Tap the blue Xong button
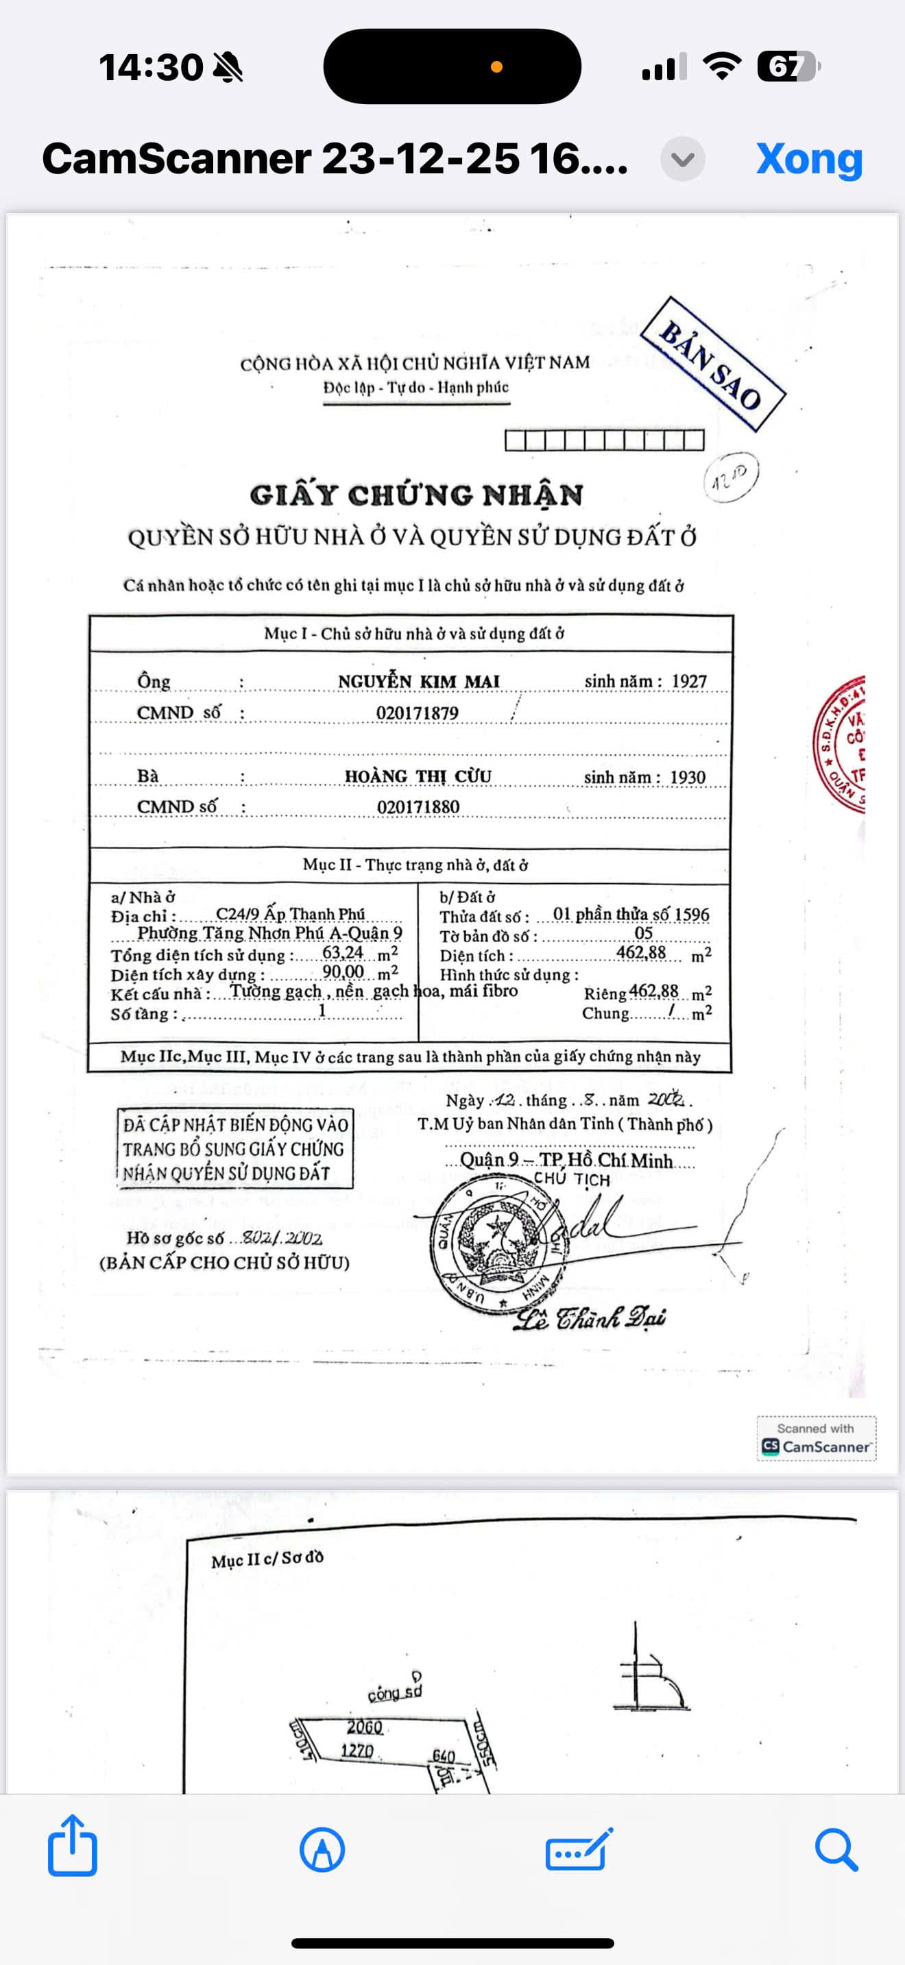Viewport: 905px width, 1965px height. [x=809, y=159]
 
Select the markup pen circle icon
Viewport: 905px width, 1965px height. [x=322, y=1849]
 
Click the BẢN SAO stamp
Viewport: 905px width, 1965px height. [x=712, y=364]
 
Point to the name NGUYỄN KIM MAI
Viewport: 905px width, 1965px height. [x=418, y=681]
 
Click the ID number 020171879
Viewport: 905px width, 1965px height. [x=417, y=713]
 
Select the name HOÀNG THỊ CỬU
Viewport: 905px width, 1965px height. [x=418, y=776]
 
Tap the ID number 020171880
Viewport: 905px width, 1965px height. [x=418, y=807]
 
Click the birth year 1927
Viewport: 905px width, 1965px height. [x=688, y=681]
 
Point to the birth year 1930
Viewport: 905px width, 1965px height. [x=688, y=778]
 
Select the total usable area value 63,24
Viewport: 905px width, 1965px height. [x=343, y=953]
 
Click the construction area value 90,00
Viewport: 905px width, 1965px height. [x=343, y=972]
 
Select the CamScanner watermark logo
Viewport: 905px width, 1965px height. [x=816, y=1439]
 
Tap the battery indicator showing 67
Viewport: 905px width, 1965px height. [x=788, y=66]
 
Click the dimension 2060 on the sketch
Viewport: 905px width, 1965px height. [x=364, y=1727]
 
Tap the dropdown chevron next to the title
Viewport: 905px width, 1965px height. [x=682, y=159]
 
